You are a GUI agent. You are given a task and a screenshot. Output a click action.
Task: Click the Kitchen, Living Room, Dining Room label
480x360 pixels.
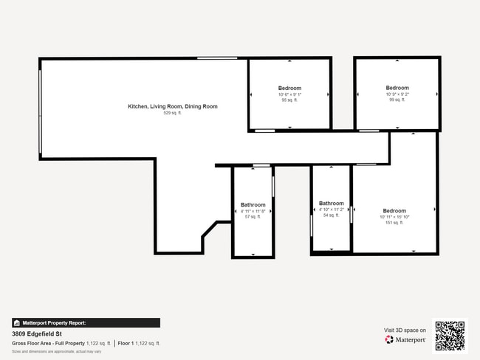[172, 107]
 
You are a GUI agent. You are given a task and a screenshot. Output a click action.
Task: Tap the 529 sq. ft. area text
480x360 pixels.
[172, 113]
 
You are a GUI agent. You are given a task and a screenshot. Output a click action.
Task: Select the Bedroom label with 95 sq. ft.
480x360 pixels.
[289, 88]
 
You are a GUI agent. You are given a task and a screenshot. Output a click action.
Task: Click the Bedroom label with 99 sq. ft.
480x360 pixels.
[397, 88]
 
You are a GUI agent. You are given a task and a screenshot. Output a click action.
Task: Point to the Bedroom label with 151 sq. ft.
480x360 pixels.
[394, 211]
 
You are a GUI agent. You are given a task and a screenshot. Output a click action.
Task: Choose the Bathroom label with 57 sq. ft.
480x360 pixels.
[253, 204]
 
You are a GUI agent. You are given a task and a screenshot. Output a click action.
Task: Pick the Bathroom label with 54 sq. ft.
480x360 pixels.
[331, 204]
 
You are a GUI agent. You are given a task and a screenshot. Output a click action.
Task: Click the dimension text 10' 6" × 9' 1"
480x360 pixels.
[289, 94]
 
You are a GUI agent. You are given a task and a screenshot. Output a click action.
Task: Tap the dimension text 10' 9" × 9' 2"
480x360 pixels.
[397, 94]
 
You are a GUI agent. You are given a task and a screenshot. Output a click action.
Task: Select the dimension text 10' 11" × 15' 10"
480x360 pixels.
[394, 217]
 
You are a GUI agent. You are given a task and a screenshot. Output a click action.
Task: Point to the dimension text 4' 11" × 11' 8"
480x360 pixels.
[253, 211]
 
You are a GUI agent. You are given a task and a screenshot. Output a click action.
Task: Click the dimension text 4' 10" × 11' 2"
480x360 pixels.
[331, 210]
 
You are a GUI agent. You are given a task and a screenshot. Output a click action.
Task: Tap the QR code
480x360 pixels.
[449, 336]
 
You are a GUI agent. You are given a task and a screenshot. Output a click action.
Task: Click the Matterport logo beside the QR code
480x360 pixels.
[405, 339]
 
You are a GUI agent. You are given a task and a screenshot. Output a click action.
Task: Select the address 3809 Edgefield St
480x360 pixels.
[37, 333]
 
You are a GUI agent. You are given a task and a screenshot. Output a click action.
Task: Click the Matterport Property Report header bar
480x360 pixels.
[86, 322]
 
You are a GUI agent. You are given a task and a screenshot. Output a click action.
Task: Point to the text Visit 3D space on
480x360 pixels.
[405, 330]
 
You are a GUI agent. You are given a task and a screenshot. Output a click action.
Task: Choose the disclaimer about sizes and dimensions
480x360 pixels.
[56, 351]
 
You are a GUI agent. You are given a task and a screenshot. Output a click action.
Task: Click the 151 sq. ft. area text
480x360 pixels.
[394, 223]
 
